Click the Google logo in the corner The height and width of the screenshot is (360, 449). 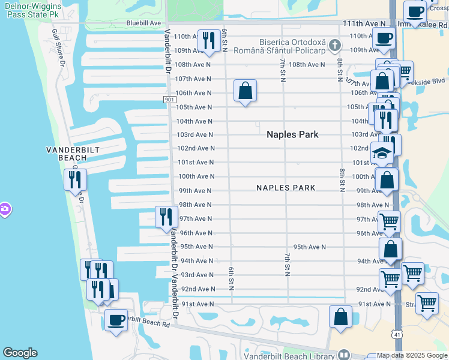click(x=20, y=353)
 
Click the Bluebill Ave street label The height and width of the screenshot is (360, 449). click(x=143, y=23)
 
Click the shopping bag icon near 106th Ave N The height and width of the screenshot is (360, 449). click(x=245, y=91)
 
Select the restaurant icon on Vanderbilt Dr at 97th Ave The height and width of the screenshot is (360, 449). click(x=166, y=217)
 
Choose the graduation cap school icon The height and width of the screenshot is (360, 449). click(x=381, y=153)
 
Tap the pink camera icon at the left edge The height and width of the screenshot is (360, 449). click(x=4, y=209)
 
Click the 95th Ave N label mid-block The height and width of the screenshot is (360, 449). click(x=309, y=247)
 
